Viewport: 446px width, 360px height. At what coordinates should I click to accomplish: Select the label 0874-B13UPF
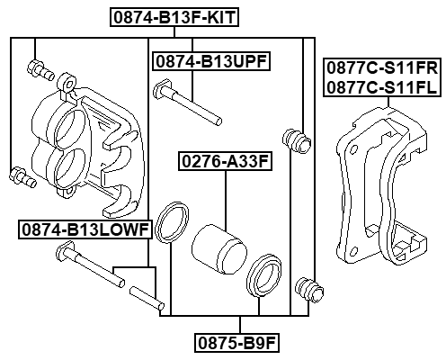(x=211, y=62)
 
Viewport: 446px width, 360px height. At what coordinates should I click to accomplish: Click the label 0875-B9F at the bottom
(x=237, y=343)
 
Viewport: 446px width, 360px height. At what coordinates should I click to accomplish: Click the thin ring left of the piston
(x=170, y=224)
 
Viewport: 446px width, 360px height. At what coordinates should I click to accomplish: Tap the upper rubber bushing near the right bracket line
(x=295, y=139)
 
